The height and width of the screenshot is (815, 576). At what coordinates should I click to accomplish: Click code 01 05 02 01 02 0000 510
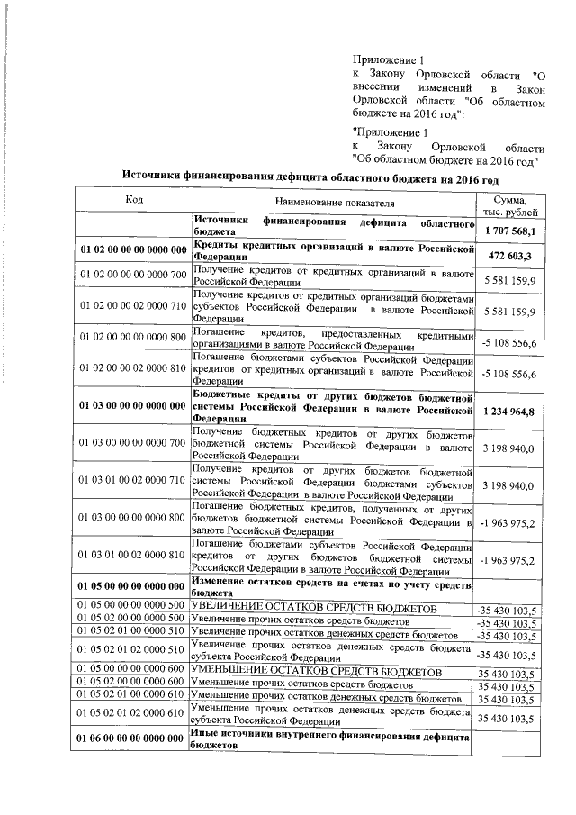coord(132,650)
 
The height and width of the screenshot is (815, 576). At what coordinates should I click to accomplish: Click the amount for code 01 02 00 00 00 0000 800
coord(508,342)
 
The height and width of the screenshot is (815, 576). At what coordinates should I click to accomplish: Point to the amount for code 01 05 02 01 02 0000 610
coord(508,717)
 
